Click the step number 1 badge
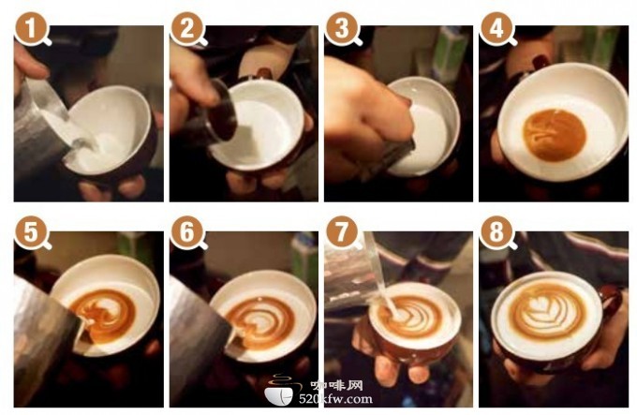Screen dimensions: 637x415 tap(31, 28)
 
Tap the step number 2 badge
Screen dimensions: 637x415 tap(186, 28)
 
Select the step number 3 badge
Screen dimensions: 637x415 tap(341, 28)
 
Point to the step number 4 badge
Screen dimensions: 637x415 tap(496, 28)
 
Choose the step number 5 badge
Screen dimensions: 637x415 tap(31, 232)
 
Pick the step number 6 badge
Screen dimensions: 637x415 tap(186, 232)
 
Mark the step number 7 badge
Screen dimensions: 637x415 tap(341, 232)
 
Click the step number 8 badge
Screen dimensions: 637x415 tap(496, 232)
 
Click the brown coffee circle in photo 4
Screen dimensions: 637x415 tap(555, 135)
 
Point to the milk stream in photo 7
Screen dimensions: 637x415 tap(379, 280)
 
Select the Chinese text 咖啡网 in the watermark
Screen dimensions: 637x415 tap(336, 385)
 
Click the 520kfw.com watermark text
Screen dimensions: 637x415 tap(335, 399)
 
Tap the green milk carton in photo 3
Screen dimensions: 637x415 tap(450, 55)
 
